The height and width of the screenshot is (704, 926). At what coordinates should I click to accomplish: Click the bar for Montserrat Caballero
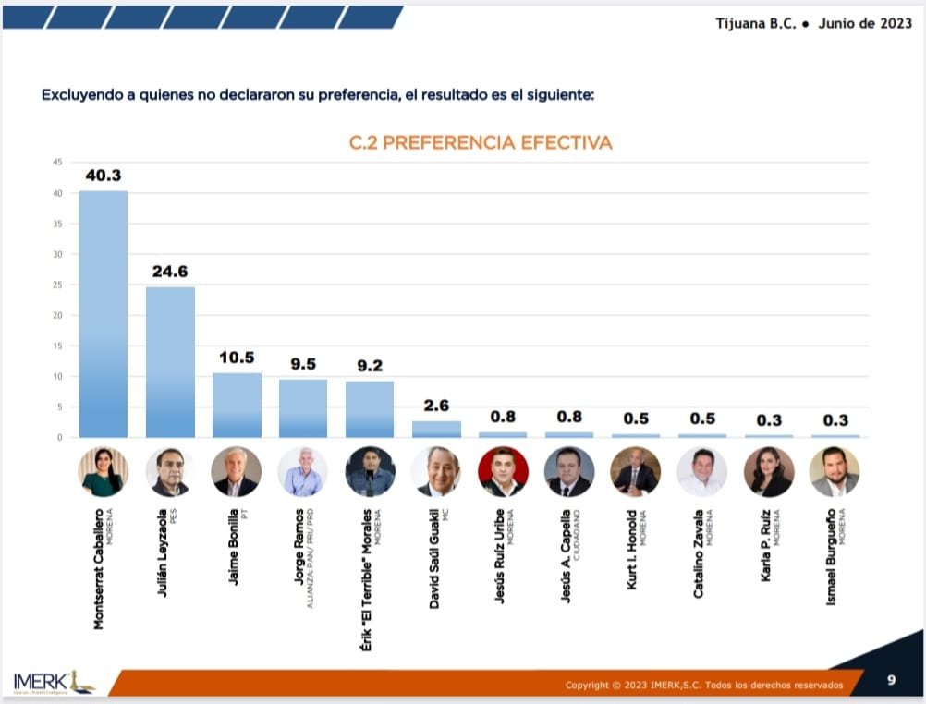click(104, 314)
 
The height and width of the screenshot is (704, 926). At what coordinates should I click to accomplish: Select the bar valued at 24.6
click(170, 362)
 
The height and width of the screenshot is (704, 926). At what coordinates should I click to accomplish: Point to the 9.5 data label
click(303, 364)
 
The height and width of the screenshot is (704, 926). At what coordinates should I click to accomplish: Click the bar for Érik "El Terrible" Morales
click(370, 408)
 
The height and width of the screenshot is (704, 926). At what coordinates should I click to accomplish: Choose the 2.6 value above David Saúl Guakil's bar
click(436, 406)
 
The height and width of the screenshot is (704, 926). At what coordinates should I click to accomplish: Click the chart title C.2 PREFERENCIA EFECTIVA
click(481, 143)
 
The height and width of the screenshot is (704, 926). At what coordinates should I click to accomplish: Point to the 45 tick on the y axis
click(57, 163)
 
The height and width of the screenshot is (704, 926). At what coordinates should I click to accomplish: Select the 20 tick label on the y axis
click(57, 315)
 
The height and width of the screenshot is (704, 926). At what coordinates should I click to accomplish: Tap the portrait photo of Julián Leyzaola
click(170, 472)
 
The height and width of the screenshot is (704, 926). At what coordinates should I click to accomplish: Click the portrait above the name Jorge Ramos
click(303, 472)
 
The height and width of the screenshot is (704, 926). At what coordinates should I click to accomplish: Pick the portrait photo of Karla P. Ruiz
click(769, 472)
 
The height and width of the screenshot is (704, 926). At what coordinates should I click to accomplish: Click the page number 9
click(891, 681)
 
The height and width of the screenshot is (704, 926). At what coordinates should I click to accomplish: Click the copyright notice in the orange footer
click(704, 685)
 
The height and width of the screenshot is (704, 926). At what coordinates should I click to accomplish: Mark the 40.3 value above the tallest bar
click(104, 176)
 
